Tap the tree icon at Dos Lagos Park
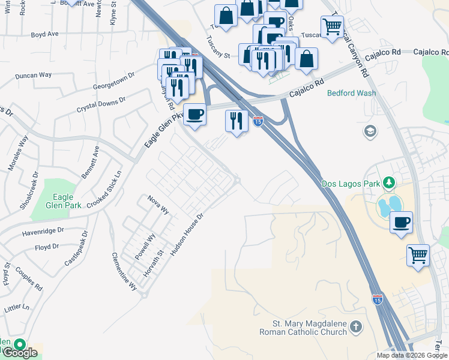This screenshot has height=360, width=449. (390, 182)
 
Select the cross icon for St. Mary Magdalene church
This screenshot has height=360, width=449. (356, 327)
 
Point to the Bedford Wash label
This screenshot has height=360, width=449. (351, 93)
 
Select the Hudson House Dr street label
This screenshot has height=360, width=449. (187, 234)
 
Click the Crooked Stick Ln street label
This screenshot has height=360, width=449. (103, 190)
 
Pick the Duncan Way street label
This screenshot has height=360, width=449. (34, 76)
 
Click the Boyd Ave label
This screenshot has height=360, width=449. (44, 34)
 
